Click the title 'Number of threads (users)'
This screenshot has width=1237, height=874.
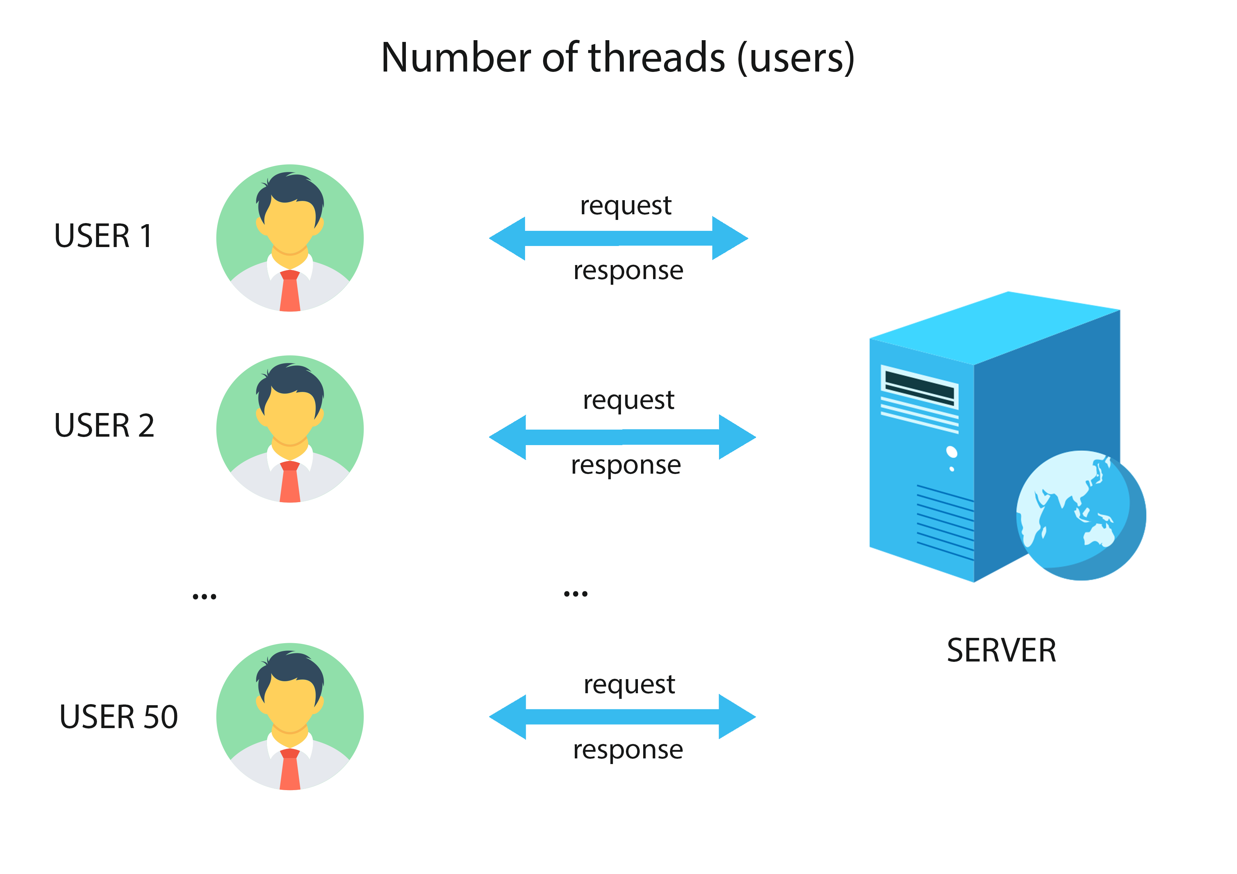617,58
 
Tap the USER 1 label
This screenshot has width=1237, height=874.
103,236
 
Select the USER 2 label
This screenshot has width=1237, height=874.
104,425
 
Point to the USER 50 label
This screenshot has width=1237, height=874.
118,717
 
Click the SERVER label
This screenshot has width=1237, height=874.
1001,651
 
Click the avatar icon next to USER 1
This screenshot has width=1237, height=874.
290,238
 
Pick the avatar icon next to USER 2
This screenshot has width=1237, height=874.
290,429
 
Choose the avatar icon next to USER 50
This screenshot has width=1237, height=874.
290,716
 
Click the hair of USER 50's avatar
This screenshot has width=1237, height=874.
290,670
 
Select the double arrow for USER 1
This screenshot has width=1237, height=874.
618,238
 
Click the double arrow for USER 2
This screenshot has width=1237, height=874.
622,437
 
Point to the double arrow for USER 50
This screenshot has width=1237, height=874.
622,717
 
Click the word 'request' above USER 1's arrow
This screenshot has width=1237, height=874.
626,206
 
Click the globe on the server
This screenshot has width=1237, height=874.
1081,515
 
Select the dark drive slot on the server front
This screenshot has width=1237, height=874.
919,388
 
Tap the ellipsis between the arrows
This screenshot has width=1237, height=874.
575,594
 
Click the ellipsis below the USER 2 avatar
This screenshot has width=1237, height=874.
204,597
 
